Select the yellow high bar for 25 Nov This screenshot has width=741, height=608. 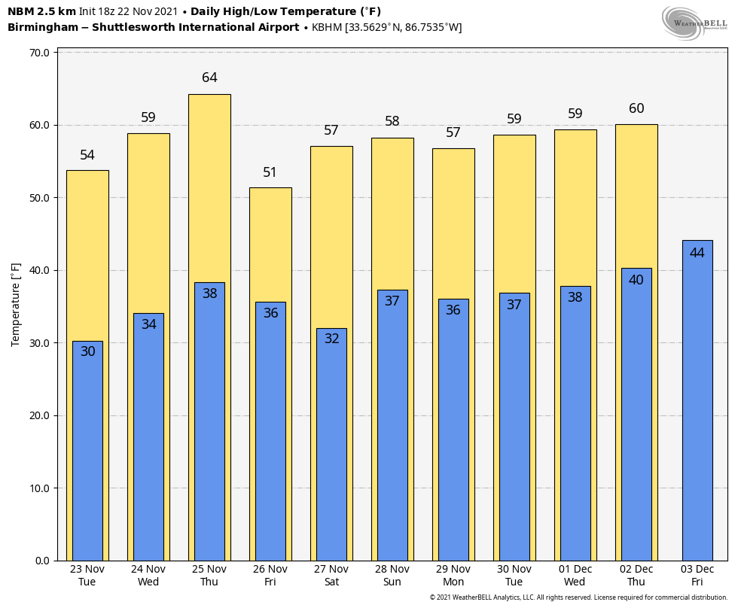tap(209, 188)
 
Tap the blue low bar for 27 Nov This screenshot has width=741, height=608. tap(331, 451)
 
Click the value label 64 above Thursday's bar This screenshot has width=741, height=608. tap(209, 78)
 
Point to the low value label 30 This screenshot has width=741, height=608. tap(87, 351)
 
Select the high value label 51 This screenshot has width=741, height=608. tap(270, 172)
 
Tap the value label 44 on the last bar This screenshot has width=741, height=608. tap(697, 253)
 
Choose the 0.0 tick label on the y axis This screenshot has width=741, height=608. tap(42, 561)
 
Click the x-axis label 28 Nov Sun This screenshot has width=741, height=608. tap(392, 575)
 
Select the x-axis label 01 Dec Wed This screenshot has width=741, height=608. tap(575, 575)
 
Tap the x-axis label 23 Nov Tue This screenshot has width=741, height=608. tap(87, 575)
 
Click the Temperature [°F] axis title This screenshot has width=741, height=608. tap(16, 305)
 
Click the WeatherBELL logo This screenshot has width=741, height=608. tap(694, 23)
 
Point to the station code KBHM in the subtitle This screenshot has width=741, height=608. tap(326, 28)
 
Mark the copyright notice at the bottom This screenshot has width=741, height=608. tap(578, 597)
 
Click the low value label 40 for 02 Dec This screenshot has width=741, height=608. tap(636, 280)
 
